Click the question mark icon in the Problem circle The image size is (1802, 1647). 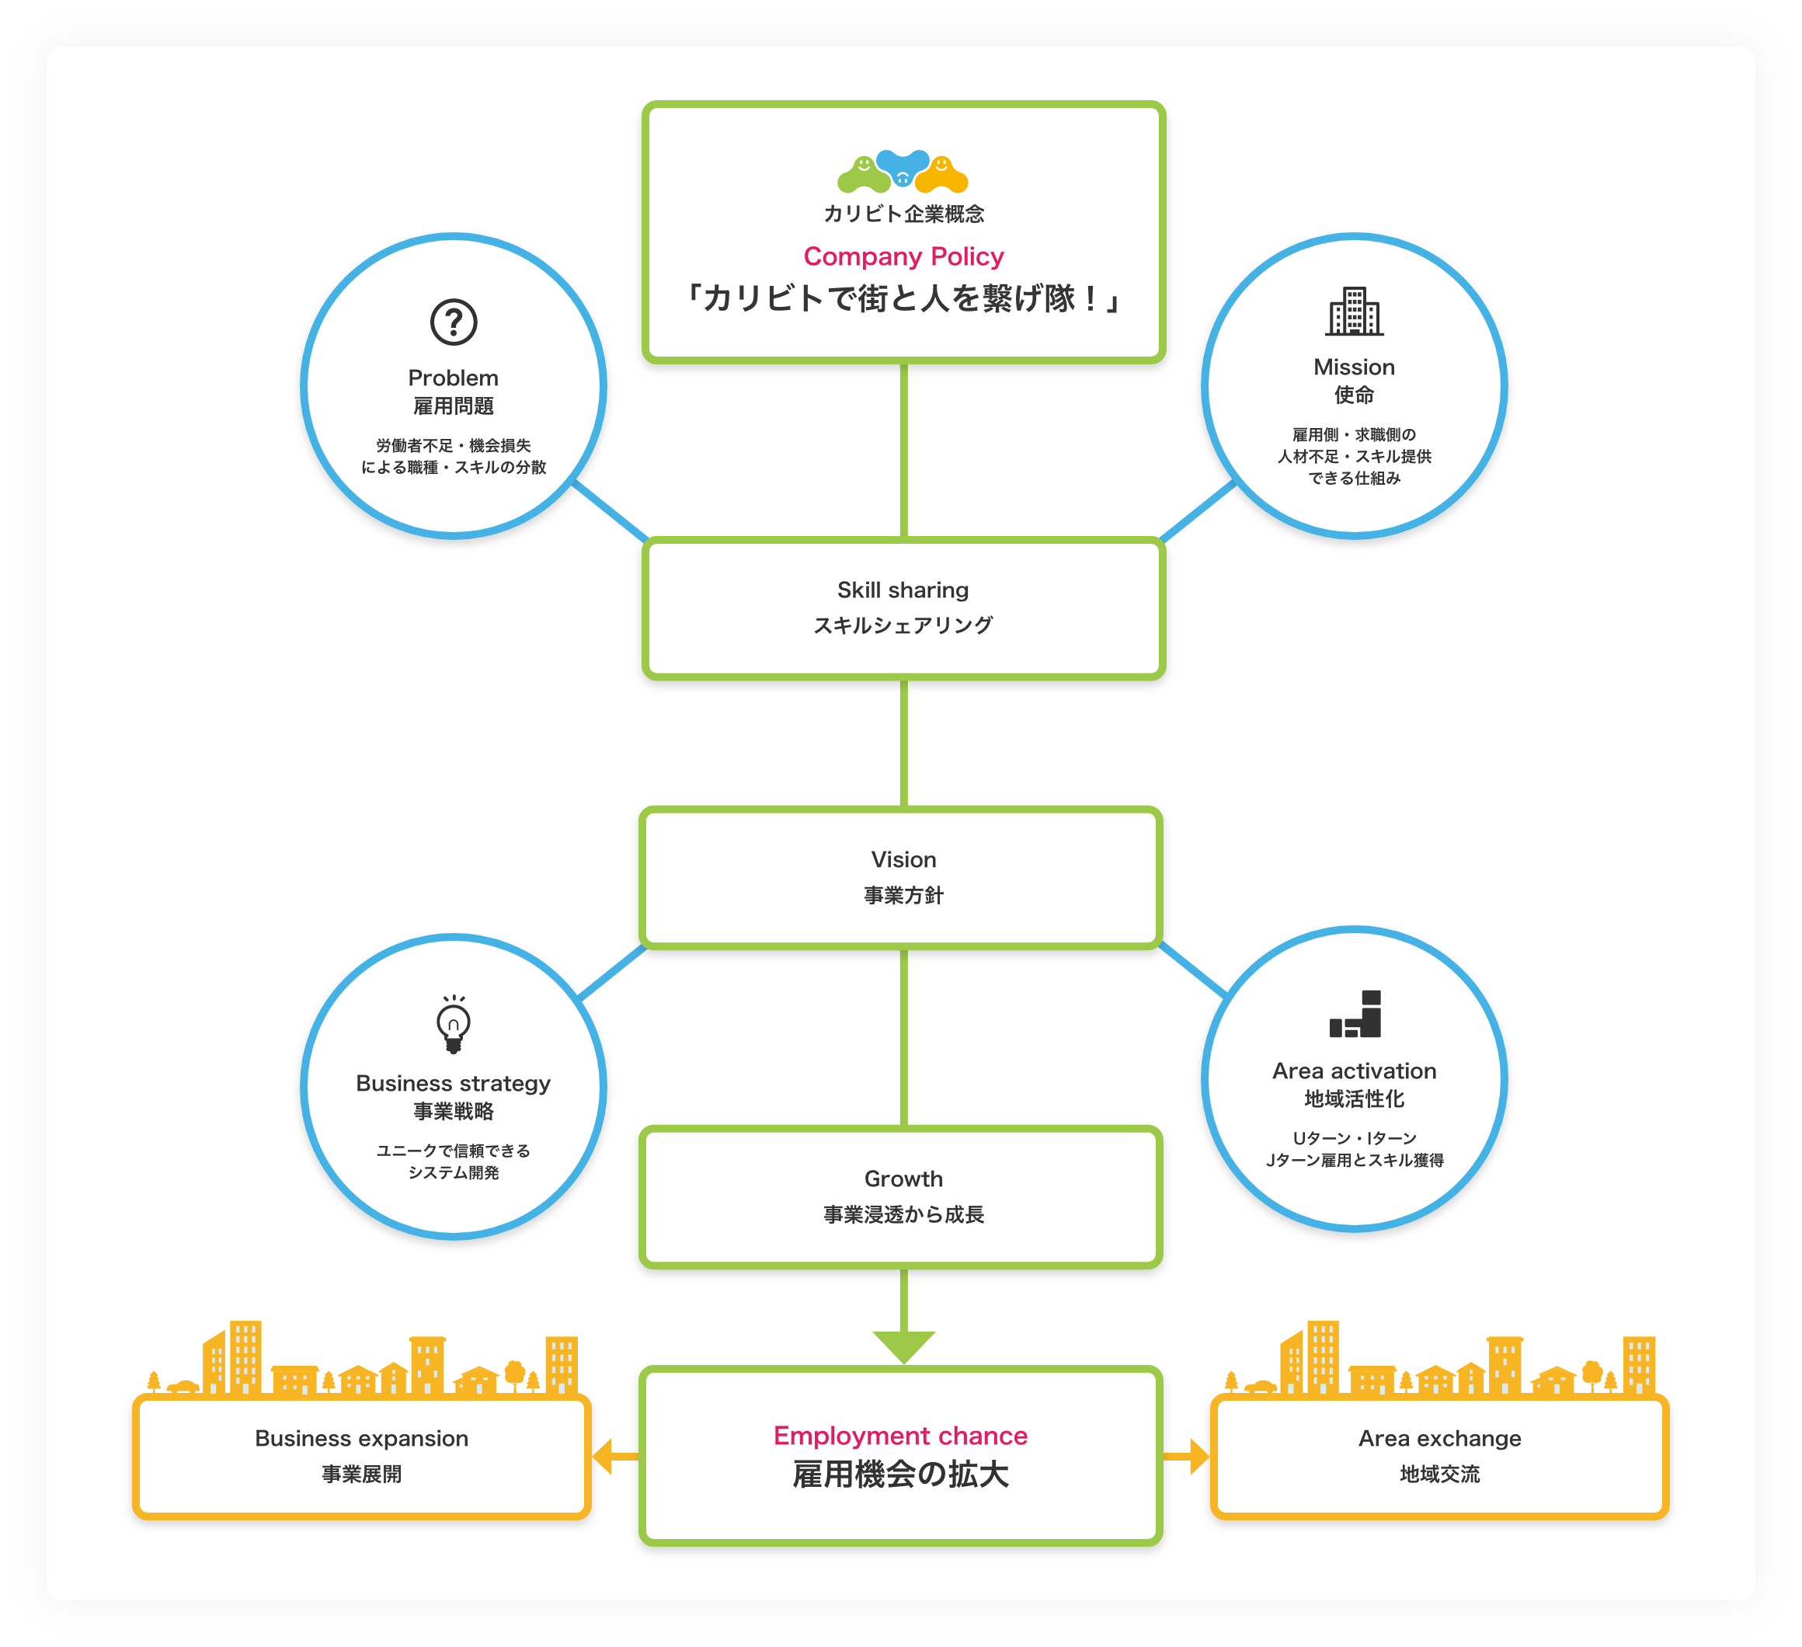[453, 322]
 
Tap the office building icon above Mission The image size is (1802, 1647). [1354, 312]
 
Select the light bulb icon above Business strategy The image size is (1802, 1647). [453, 1025]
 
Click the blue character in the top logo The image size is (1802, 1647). [903, 166]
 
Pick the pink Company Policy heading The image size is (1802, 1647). [903, 256]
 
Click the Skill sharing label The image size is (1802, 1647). [903, 590]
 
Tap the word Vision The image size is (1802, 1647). [903, 859]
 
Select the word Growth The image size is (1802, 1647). [903, 1179]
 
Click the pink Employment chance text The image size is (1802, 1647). [900, 1436]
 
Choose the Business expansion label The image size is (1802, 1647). [361, 1438]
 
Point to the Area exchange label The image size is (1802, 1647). [1439, 1438]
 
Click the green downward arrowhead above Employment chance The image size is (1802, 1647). [903, 1345]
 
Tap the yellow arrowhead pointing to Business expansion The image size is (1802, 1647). [604, 1457]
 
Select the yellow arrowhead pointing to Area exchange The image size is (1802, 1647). [1198, 1457]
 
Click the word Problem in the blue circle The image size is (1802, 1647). [453, 378]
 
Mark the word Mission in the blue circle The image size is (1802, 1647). [1354, 367]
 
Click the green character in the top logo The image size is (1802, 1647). [864, 173]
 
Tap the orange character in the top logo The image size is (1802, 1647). [942, 173]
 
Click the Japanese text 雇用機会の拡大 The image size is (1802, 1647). [900, 1475]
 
